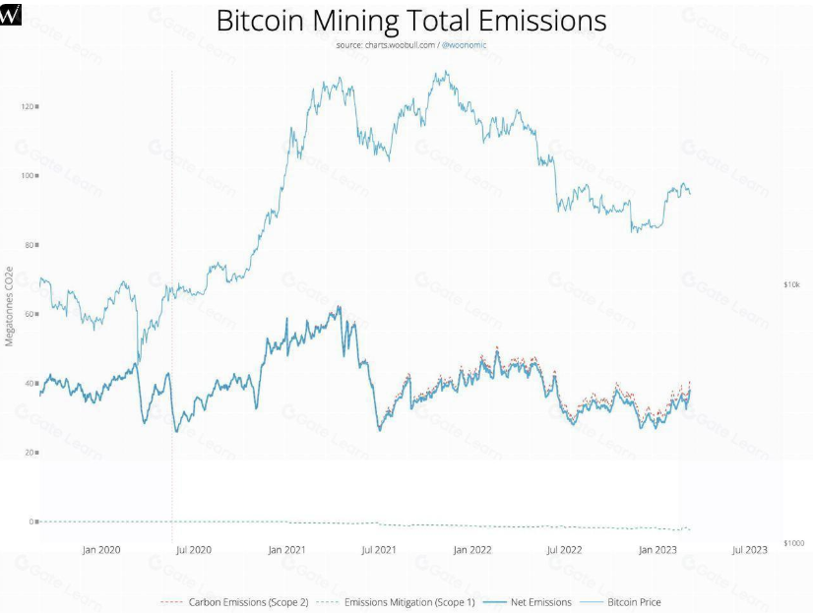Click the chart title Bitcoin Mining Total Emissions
coord(410,21)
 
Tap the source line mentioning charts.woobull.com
coord(411,44)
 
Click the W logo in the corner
coord(11,12)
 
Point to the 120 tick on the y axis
coord(27,105)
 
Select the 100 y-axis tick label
coord(27,175)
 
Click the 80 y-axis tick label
coord(29,244)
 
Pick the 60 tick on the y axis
coord(29,314)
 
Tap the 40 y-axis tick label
coord(29,383)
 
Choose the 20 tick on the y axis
coord(29,453)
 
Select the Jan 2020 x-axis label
coord(101,550)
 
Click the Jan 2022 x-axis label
coord(473,550)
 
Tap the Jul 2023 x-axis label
coord(751,550)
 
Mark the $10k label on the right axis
coord(792,284)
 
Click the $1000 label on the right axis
coord(794,542)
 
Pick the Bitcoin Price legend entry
coord(633,601)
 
